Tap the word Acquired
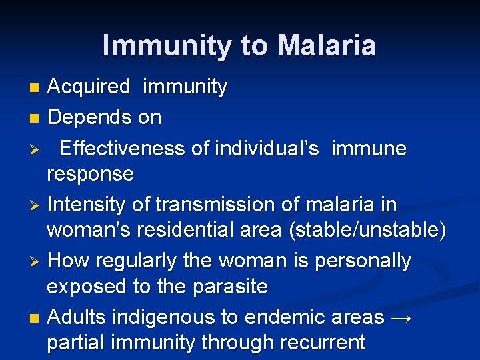(x=89, y=87)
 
